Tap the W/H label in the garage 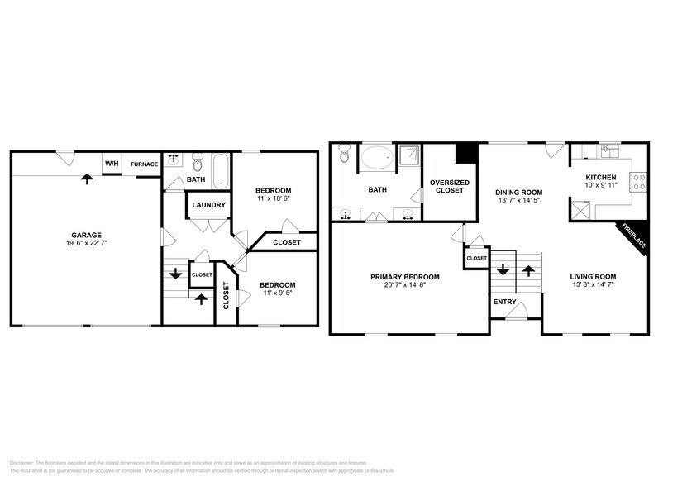click(111, 164)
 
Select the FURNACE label click(144, 164)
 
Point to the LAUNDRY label click(209, 205)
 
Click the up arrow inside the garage click(85, 178)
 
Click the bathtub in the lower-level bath click(219, 169)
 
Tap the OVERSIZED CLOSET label click(450, 187)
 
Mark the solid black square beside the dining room click(467, 155)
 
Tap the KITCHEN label click(600, 178)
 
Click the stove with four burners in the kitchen click(638, 181)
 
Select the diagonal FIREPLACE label click(635, 238)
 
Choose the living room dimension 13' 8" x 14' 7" click(593, 286)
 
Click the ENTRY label click(504, 302)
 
